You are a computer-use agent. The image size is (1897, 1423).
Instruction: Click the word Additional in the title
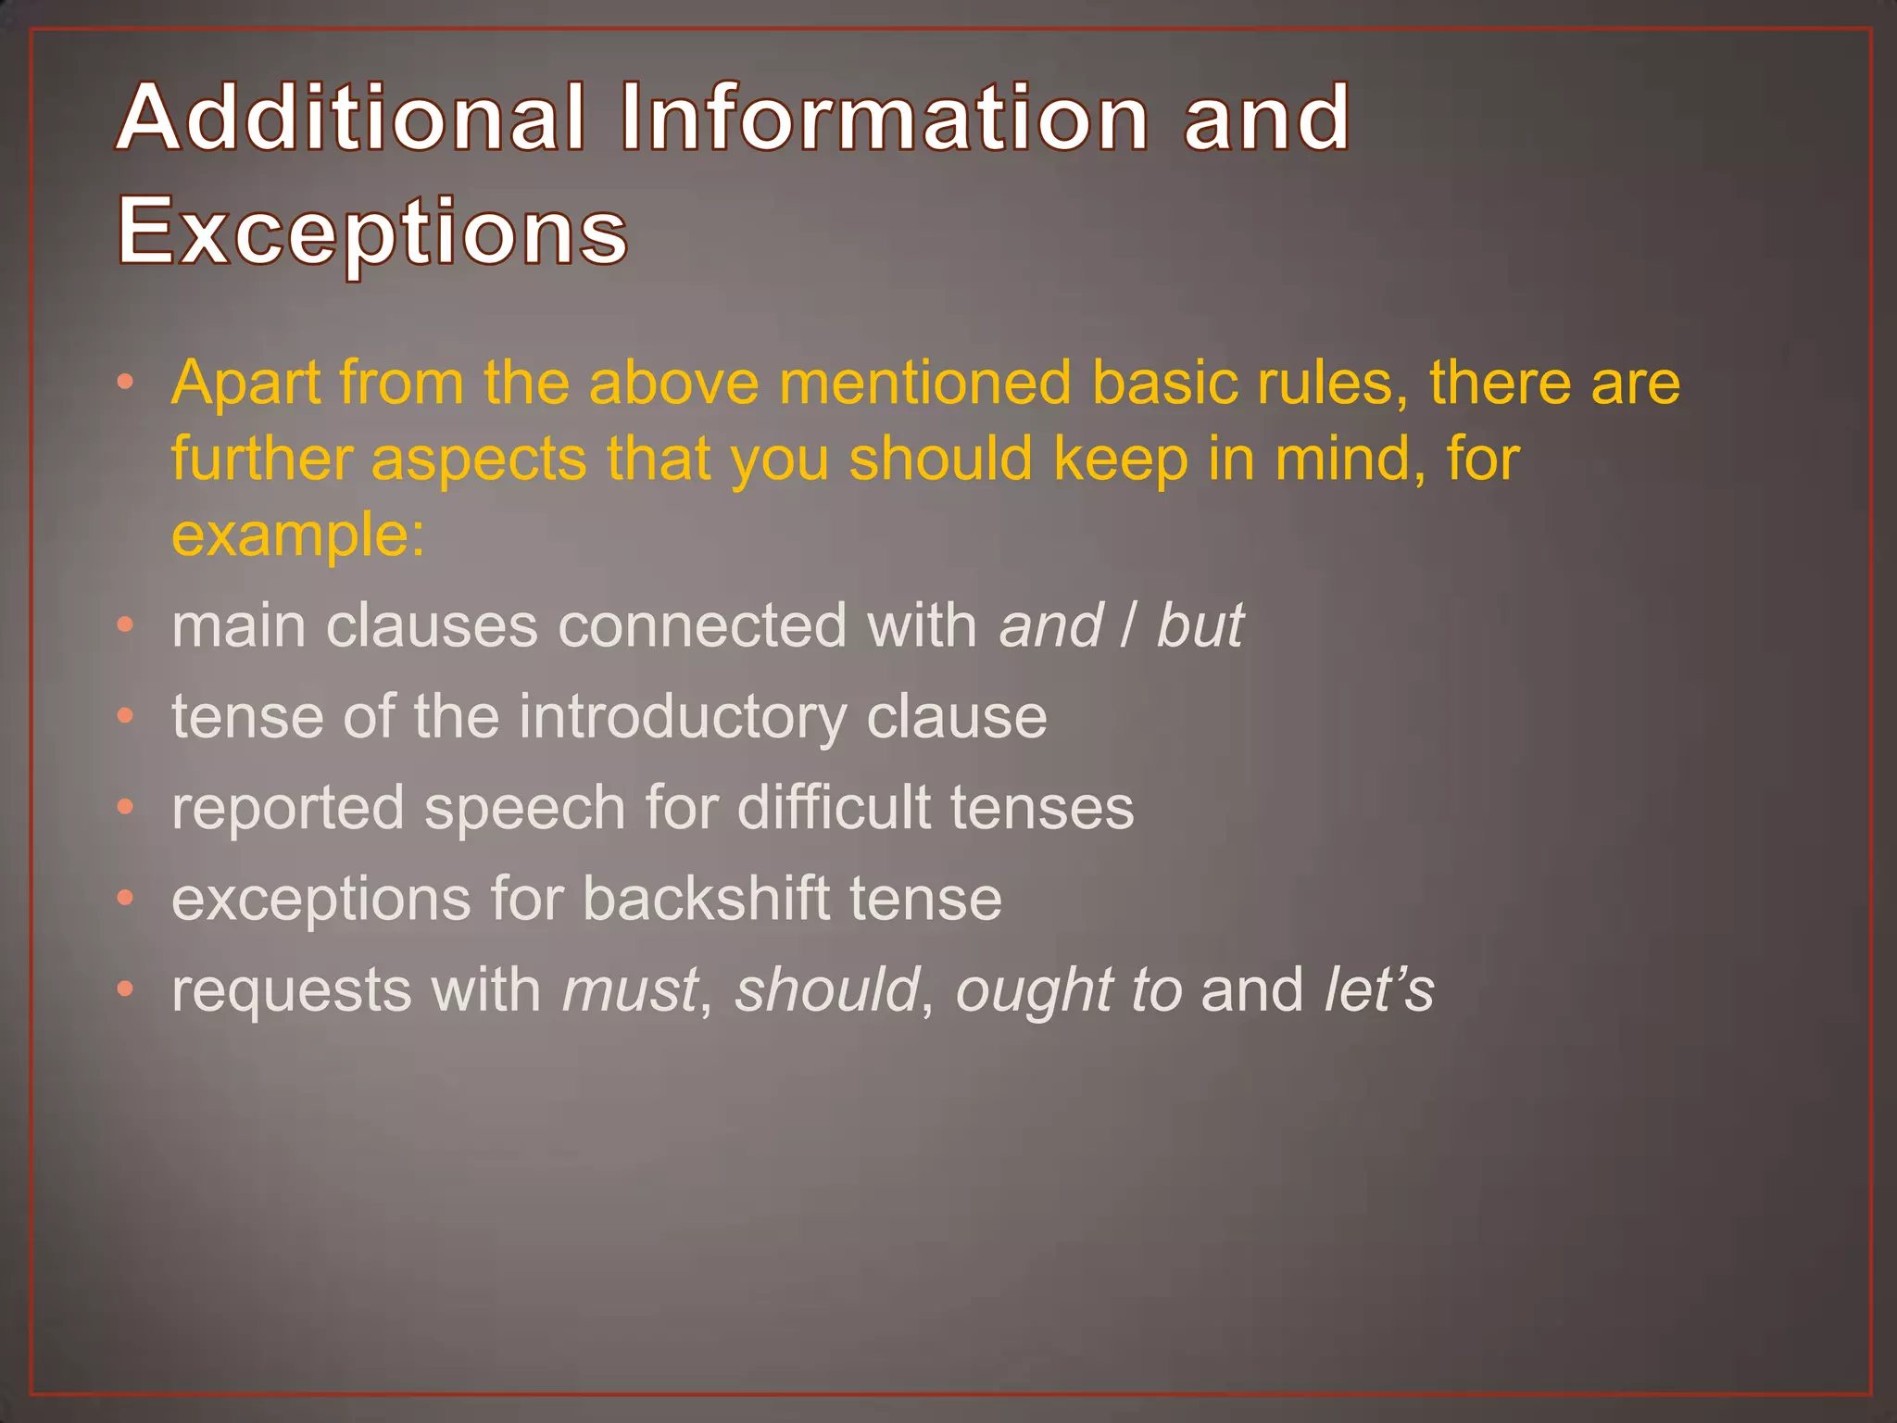(x=352, y=118)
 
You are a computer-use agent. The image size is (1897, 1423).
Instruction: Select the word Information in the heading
(x=885, y=118)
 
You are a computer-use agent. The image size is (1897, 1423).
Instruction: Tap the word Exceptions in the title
(x=372, y=232)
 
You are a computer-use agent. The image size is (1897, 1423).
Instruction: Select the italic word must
(x=630, y=989)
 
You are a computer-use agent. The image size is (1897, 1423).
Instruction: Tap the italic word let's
(x=1378, y=989)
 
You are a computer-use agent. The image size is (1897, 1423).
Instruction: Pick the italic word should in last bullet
(x=827, y=989)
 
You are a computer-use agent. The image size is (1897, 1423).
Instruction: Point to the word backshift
(x=706, y=899)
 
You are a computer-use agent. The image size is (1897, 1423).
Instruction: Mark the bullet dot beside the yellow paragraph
(x=126, y=383)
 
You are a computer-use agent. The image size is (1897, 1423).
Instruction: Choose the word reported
(x=288, y=808)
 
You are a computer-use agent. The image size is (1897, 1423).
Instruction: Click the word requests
(x=291, y=991)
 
